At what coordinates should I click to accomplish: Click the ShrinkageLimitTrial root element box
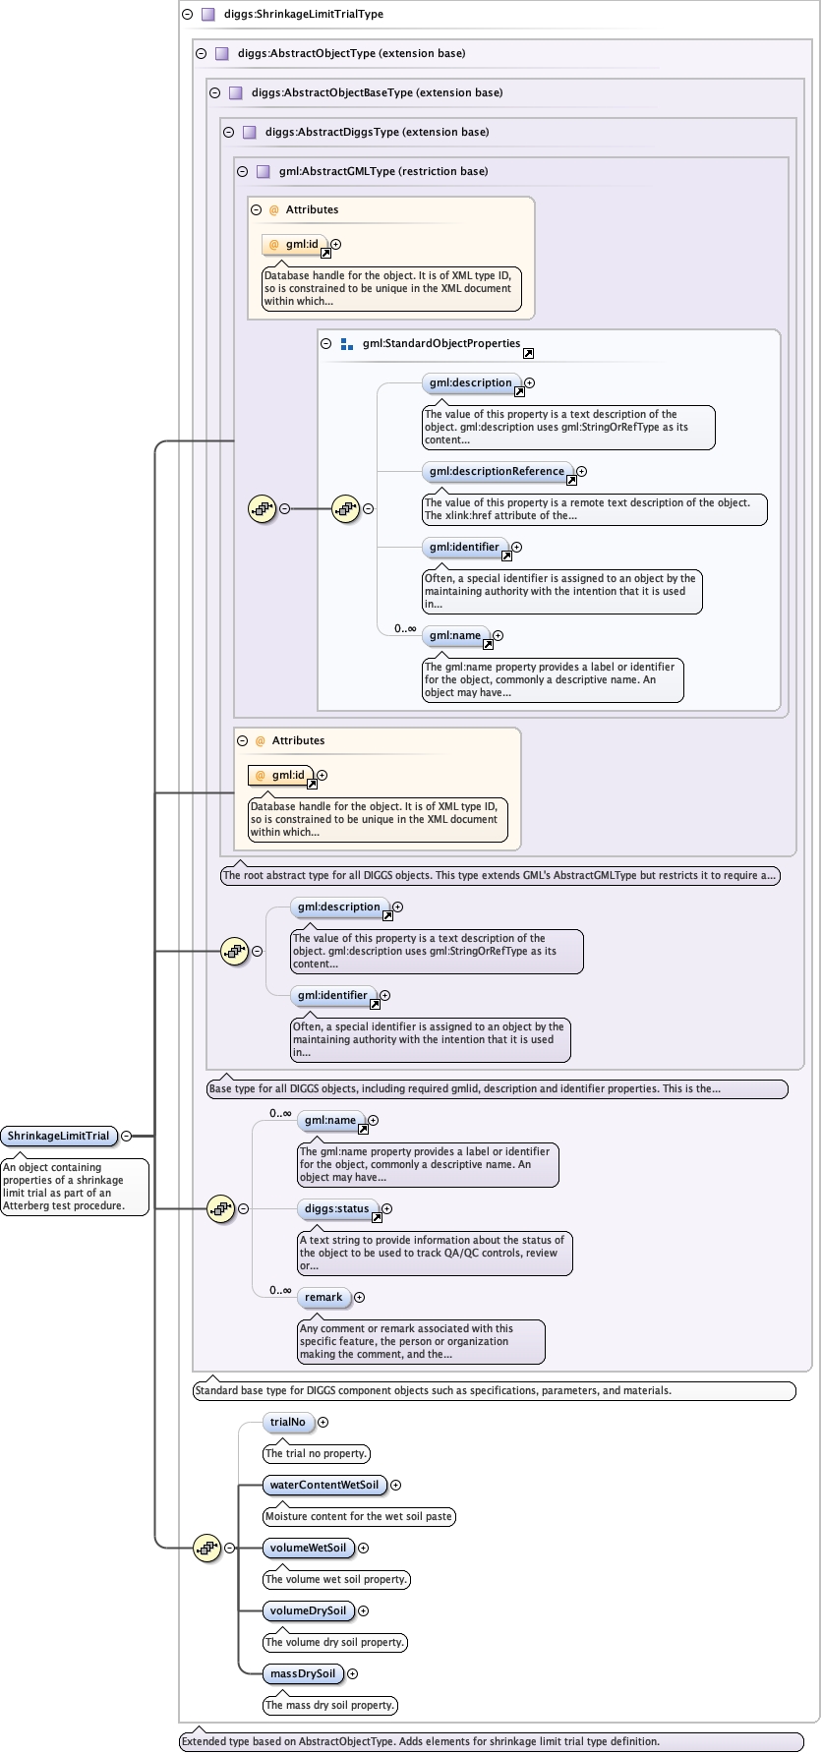click(x=58, y=1136)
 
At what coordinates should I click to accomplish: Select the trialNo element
click(x=288, y=1422)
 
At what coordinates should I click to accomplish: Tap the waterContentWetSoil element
click(x=323, y=1485)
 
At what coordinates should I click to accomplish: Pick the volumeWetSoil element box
click(x=308, y=1548)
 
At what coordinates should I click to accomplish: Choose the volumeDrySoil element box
click(x=308, y=1610)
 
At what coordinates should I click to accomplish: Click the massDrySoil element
click(x=302, y=1673)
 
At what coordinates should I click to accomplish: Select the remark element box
click(x=323, y=1297)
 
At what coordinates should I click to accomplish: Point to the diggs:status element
click(x=336, y=1208)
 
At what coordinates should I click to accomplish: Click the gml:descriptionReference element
click(x=497, y=471)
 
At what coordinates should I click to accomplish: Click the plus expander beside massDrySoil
click(x=353, y=1673)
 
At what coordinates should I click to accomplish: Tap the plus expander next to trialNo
click(x=323, y=1422)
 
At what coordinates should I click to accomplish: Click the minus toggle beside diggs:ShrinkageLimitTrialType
click(x=188, y=15)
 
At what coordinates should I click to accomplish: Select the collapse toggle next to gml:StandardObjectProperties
click(x=326, y=344)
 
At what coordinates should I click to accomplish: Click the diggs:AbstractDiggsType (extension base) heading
click(x=377, y=132)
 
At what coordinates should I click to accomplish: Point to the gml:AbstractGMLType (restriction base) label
click(x=383, y=171)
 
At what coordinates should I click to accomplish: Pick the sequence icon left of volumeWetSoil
click(x=206, y=1548)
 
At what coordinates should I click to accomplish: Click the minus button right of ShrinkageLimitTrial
click(x=127, y=1136)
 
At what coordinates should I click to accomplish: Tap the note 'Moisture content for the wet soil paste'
click(x=359, y=1516)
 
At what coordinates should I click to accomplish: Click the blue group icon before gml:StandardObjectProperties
click(x=346, y=344)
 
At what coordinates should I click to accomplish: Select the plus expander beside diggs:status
click(x=387, y=1208)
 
